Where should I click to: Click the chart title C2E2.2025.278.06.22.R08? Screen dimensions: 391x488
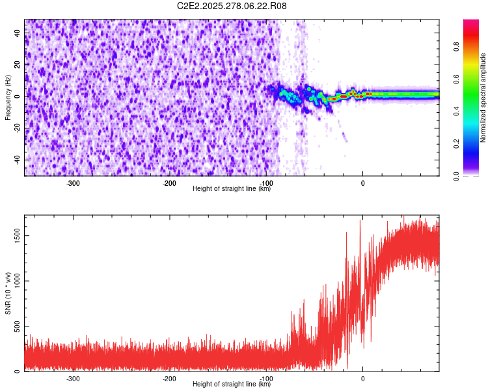click(x=232, y=6)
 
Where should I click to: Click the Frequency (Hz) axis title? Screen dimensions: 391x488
click(x=8, y=98)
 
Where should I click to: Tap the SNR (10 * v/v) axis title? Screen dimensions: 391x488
click(x=8, y=293)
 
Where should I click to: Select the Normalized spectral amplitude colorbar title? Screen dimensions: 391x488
click(x=483, y=98)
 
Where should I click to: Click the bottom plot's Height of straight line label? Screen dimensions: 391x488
click(x=232, y=384)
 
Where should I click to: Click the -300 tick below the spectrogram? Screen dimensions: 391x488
click(x=73, y=183)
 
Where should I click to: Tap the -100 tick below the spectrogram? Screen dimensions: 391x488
click(x=266, y=183)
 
